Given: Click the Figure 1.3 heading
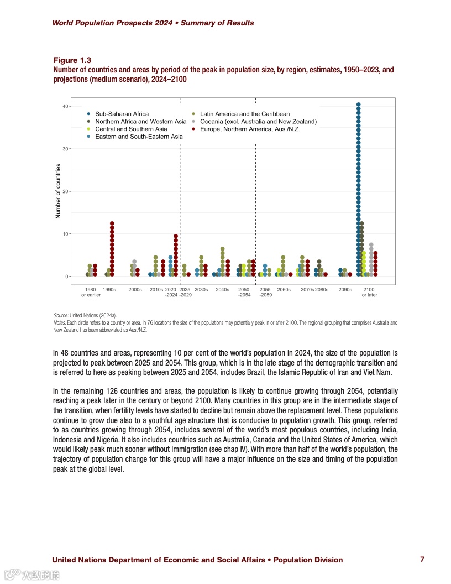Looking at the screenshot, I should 72,60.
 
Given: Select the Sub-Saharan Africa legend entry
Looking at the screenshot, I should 122,114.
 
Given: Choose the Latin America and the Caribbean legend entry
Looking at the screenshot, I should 244,114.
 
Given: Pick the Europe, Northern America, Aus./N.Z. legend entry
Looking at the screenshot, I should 250,129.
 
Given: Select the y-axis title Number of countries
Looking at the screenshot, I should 58,191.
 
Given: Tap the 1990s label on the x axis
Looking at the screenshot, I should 109,290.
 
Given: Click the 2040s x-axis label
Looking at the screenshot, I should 222,290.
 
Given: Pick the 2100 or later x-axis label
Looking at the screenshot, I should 369,292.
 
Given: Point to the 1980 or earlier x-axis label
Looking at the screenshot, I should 91,292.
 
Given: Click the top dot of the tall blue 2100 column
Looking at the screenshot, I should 359,105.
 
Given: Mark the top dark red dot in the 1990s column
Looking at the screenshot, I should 112,223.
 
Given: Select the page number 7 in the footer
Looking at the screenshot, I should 422,559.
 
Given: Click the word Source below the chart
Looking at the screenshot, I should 61,314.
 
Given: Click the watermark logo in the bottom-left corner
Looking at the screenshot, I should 32,575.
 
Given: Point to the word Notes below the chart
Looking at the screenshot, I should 60,322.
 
